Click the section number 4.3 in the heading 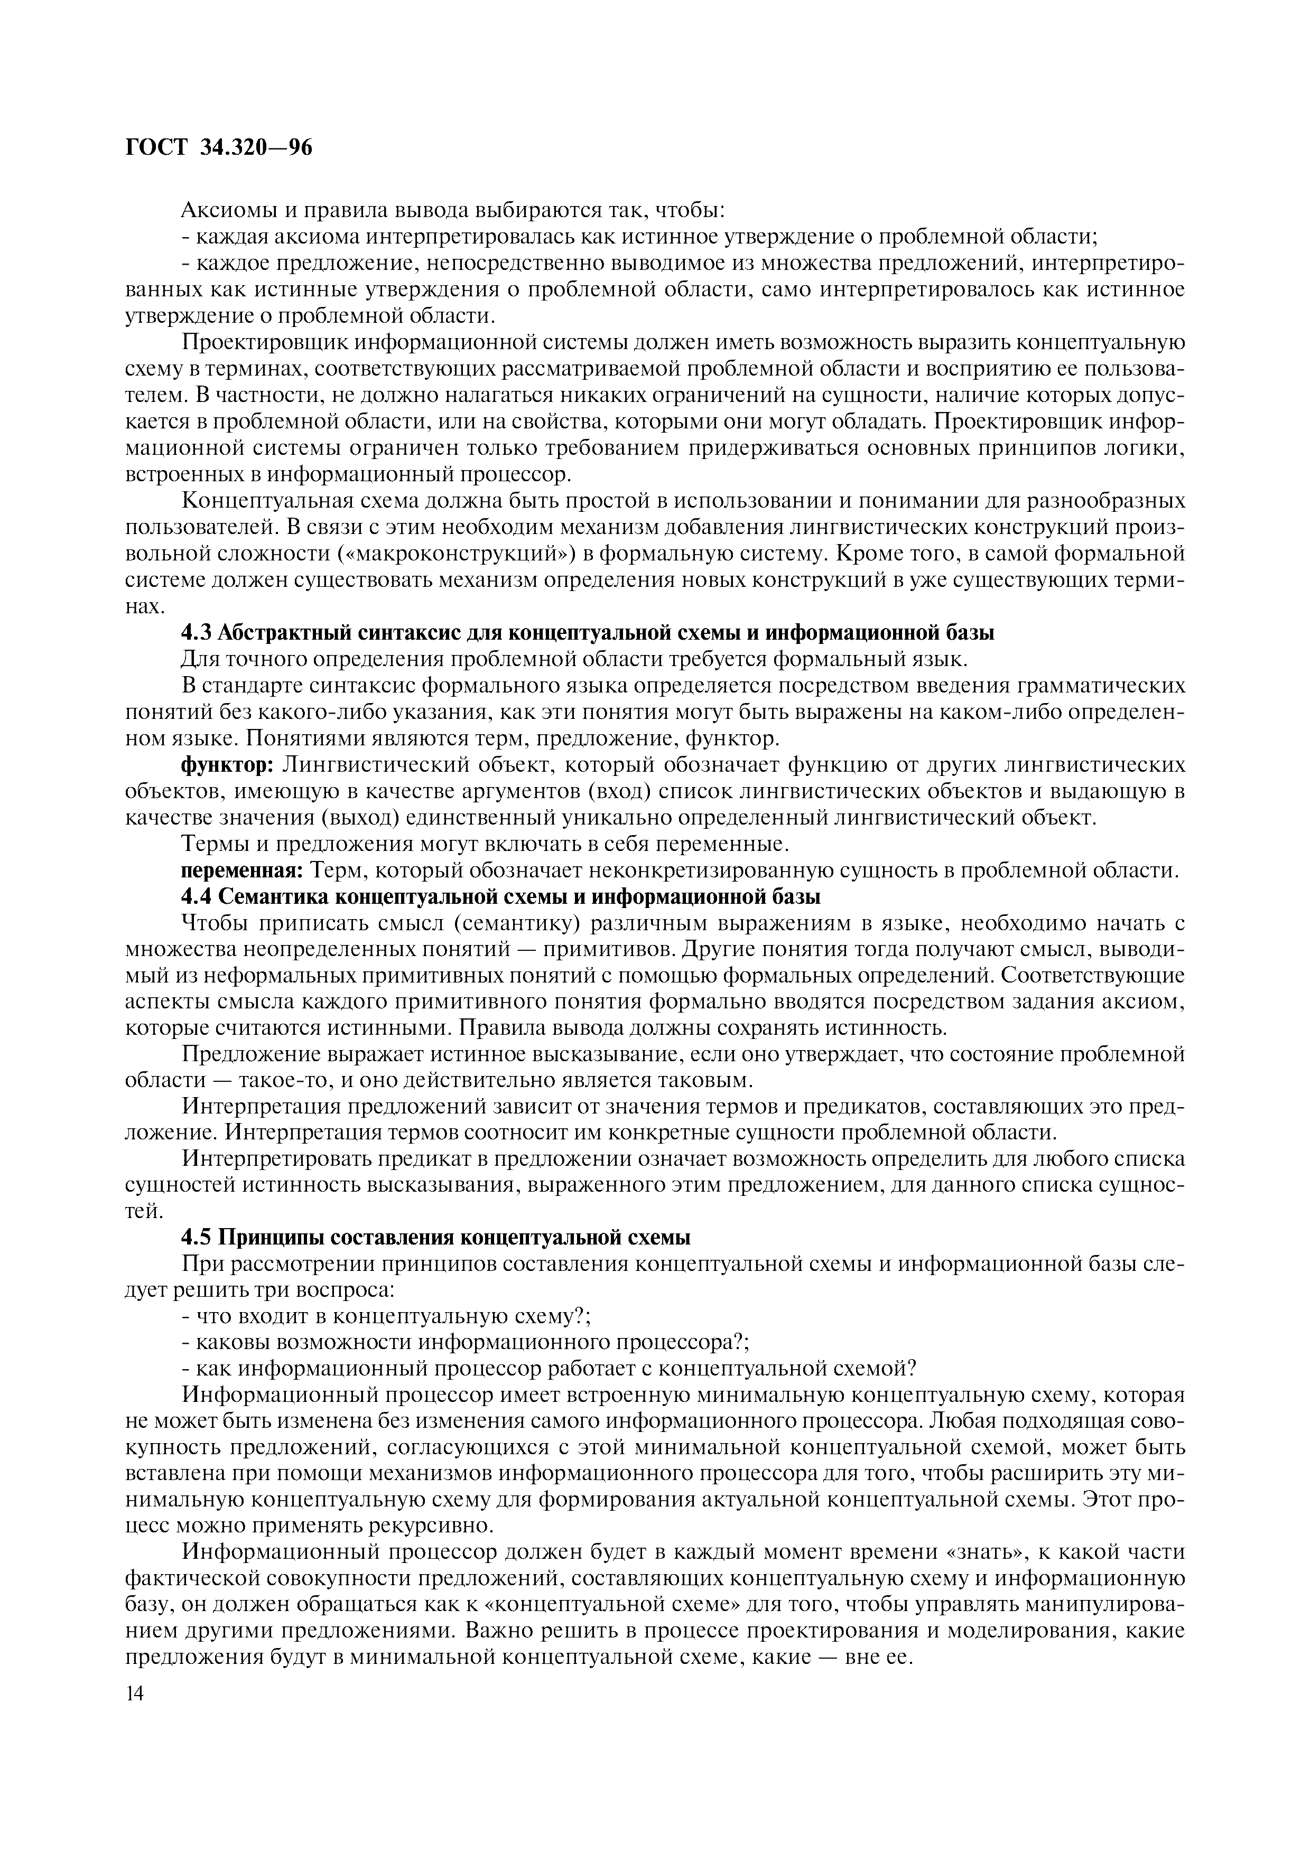(196, 633)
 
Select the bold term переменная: (241, 871)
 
